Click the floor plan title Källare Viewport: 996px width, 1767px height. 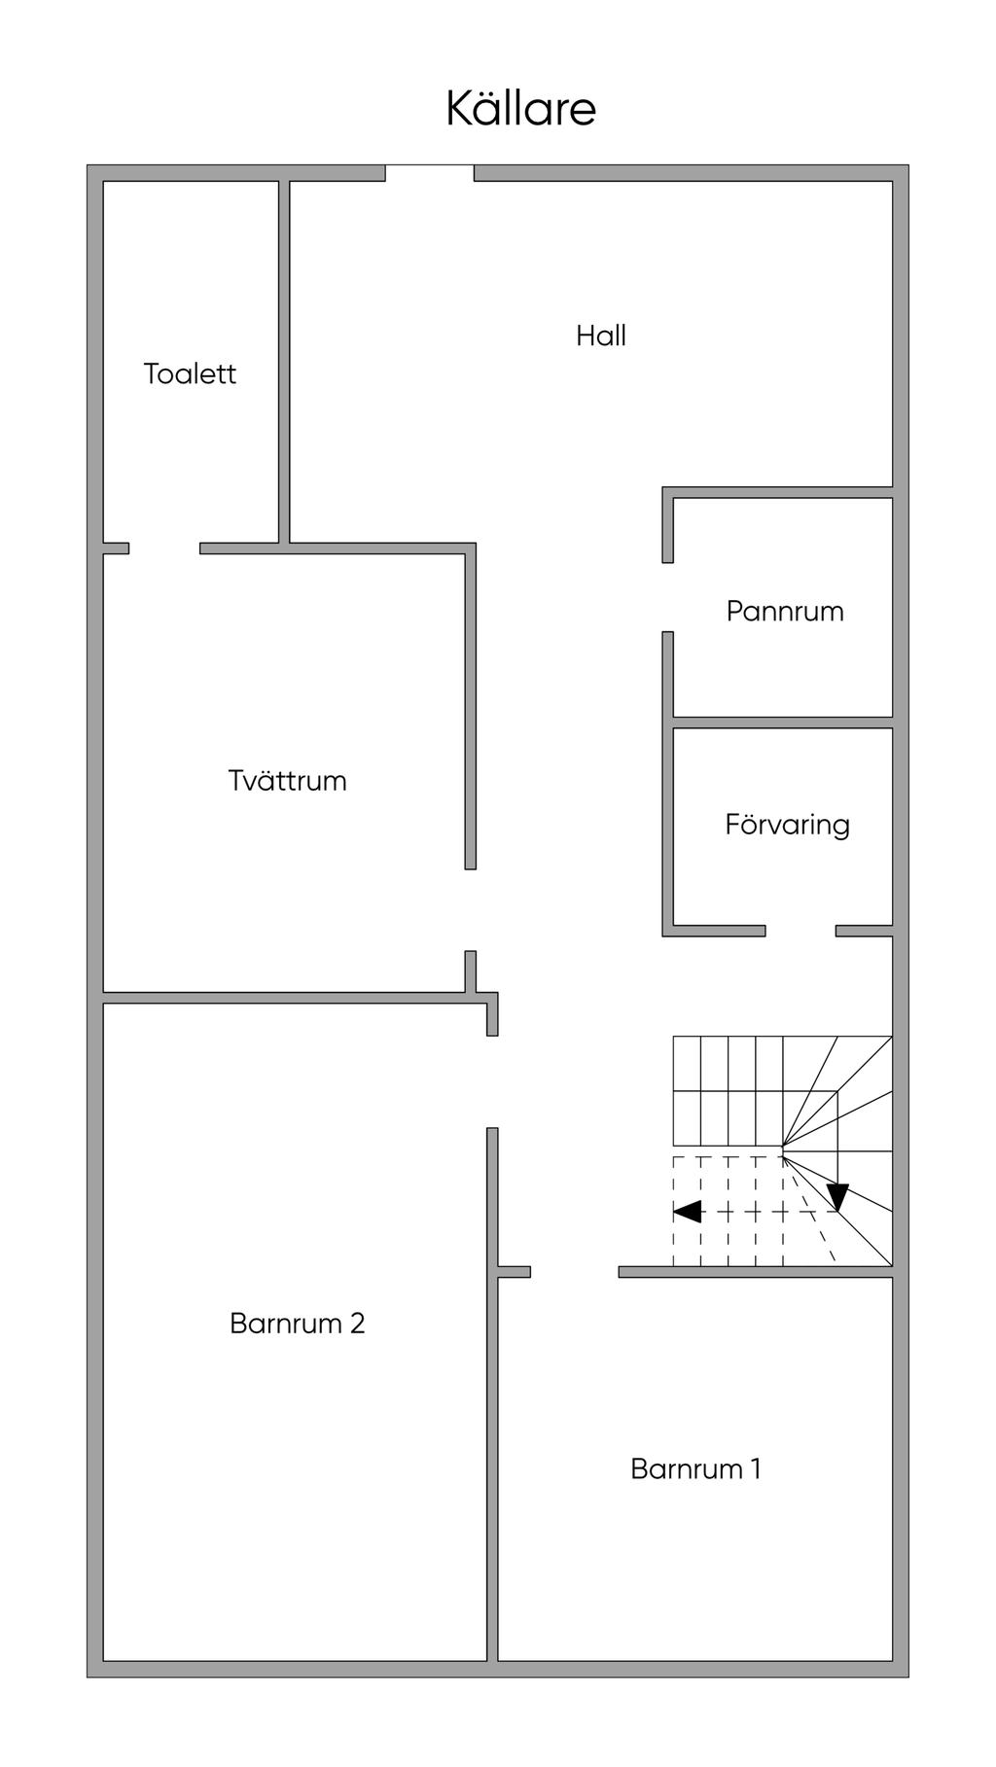[x=520, y=108]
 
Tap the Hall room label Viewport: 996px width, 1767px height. [x=601, y=336]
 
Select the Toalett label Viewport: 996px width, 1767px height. [x=190, y=373]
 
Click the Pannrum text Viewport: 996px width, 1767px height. [x=785, y=611]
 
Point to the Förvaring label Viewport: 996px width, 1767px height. [x=787, y=825]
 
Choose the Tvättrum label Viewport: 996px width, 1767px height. [x=287, y=780]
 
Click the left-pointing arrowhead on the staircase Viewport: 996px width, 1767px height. [x=687, y=1212]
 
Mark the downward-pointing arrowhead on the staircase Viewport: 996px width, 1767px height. [x=837, y=1197]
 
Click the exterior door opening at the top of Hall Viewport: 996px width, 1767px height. [x=430, y=173]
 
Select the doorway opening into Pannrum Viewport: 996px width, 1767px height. [x=668, y=597]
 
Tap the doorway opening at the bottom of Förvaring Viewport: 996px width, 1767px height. [x=800, y=931]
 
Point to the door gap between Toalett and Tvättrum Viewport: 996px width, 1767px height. [x=164, y=548]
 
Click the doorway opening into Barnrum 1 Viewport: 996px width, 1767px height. [x=575, y=1272]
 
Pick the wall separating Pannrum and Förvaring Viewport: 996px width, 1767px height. [x=783, y=723]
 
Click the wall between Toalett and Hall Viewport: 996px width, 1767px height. [x=285, y=362]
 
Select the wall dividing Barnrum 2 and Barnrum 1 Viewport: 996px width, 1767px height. [x=492, y=1395]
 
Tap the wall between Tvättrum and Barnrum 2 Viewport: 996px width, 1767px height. [x=284, y=998]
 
